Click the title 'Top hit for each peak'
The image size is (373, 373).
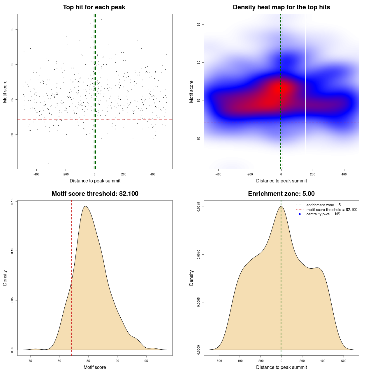94,7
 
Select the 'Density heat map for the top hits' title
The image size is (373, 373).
281,7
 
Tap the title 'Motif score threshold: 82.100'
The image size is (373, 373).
95,194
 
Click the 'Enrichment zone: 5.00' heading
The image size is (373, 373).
281,194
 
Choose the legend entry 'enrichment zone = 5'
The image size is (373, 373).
323,205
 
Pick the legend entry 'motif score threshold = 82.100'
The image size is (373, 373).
332,210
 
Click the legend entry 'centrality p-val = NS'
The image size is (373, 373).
323,214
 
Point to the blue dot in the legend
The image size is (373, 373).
300,214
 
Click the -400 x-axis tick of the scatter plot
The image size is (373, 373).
36,174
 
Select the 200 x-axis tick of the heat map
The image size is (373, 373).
313,174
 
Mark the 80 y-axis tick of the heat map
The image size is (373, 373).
199,138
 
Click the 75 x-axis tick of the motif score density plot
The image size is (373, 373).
30,361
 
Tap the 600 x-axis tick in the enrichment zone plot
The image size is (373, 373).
344,361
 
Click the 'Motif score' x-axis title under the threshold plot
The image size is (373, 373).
95,367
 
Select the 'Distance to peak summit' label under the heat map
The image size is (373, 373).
281,181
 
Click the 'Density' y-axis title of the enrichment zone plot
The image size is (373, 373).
191,278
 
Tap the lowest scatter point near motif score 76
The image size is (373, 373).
49,163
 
